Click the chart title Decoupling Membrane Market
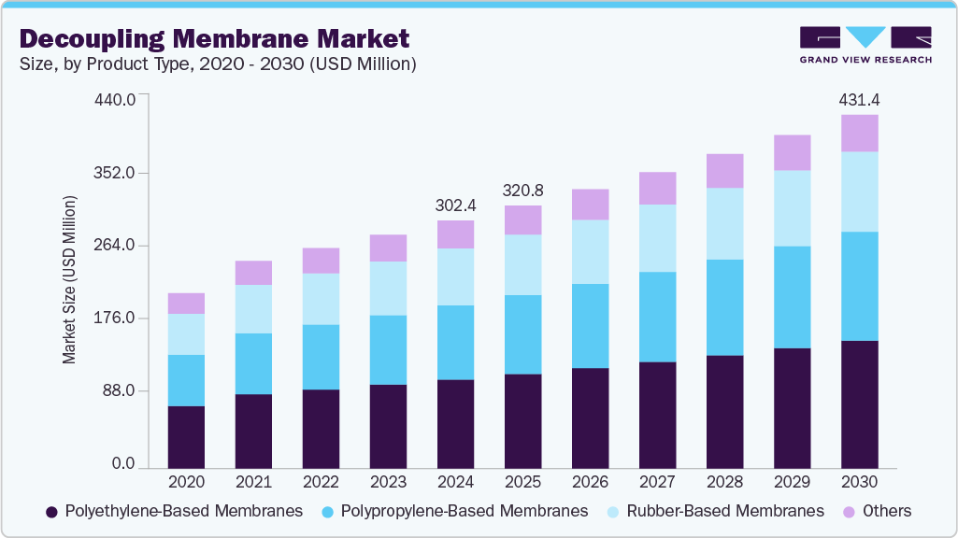pyautogui.click(x=214, y=38)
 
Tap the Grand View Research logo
pyautogui.click(x=865, y=45)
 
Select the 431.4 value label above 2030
pyautogui.click(x=859, y=99)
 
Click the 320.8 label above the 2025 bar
pyautogui.click(x=522, y=190)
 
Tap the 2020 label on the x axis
pyautogui.click(x=186, y=482)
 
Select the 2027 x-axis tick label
pyautogui.click(x=657, y=482)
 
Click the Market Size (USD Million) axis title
pyautogui.click(x=69, y=279)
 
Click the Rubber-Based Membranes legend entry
pyautogui.click(x=714, y=511)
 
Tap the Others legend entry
pyautogui.click(x=878, y=511)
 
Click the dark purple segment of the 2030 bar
pyautogui.click(x=859, y=403)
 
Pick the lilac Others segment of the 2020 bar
pyautogui.click(x=186, y=303)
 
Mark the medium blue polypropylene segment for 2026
pyautogui.click(x=590, y=326)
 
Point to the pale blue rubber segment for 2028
pyautogui.click(x=724, y=223)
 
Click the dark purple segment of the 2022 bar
pyautogui.click(x=321, y=428)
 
